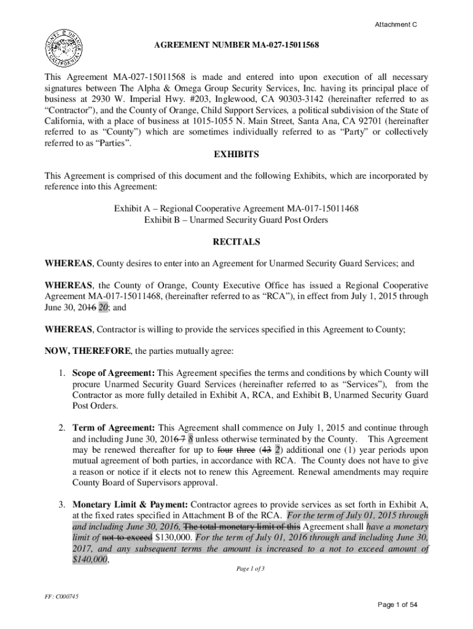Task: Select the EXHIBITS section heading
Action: pos(236,154)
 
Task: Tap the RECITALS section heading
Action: pos(236,242)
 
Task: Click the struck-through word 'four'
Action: pos(218,450)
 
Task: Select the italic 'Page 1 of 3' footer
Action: pos(251,569)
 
